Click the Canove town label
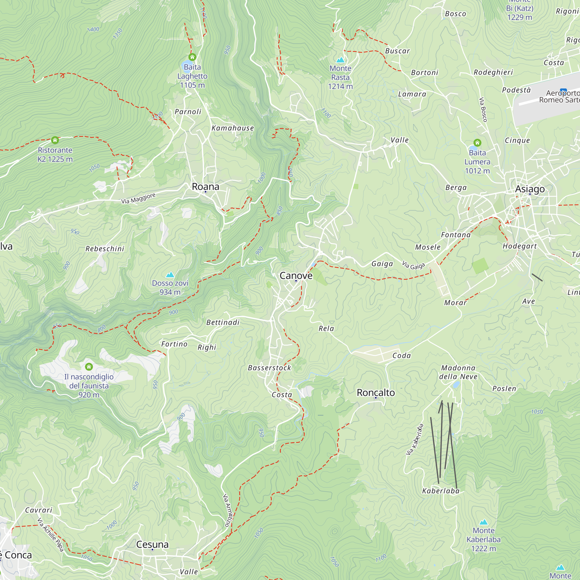[296, 275]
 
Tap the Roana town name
[206, 187]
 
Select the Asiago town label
[530, 189]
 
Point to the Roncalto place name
[376, 393]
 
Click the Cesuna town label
[152, 544]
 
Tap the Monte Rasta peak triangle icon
[340, 60]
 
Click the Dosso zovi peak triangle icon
[170, 274]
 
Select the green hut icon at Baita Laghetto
[192, 57]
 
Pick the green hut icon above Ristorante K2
[55, 140]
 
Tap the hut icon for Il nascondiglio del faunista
[89, 367]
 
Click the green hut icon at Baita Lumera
[477, 142]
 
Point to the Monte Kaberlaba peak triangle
[483, 522]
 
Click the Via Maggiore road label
[138, 198]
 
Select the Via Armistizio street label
[228, 510]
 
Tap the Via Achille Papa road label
[50, 534]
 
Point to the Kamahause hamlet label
[233, 128]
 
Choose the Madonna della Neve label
[458, 372]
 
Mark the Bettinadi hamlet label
[223, 322]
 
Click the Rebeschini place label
[105, 249]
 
